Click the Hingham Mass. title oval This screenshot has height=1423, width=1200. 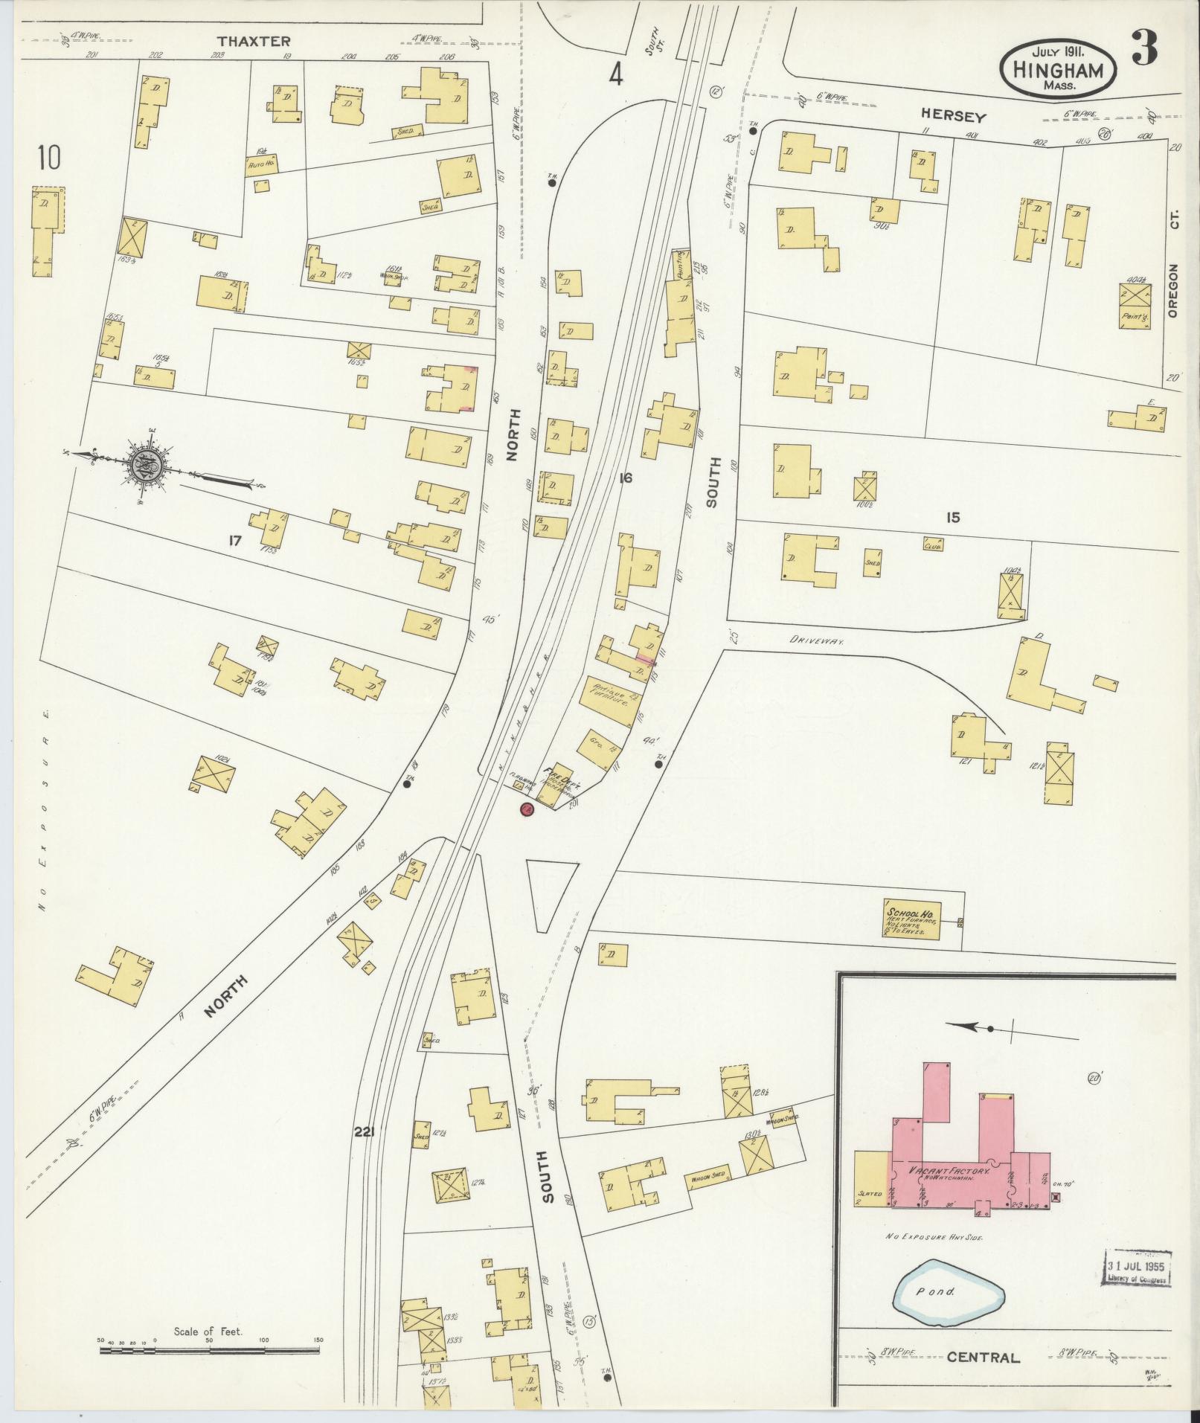[x=1058, y=67]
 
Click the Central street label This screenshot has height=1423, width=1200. [x=983, y=1358]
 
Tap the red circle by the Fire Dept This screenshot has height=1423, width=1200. [x=527, y=809]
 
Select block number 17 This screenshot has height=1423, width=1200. [x=235, y=542]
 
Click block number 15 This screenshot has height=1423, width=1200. [x=953, y=518]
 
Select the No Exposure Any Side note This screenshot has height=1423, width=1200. [x=934, y=1236]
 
